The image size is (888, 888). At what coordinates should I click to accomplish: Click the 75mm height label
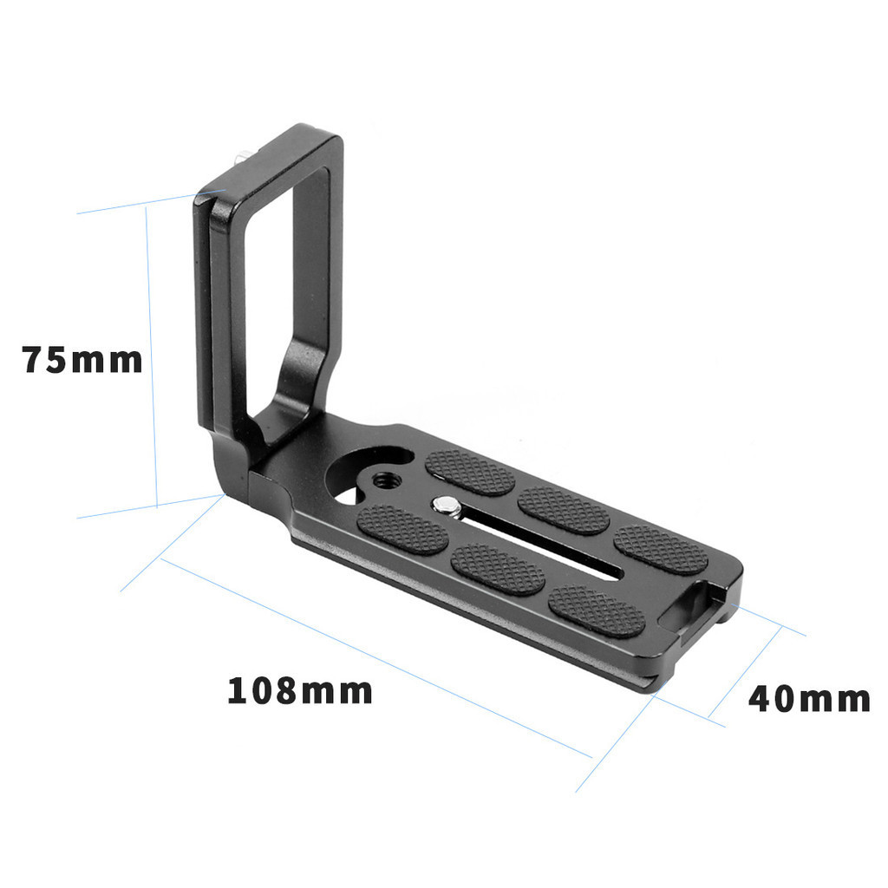(82, 359)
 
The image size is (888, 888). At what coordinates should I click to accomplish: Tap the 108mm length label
(300, 691)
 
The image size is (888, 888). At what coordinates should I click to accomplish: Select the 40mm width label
(808, 698)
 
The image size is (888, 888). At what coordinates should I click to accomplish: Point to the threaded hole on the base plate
(382, 479)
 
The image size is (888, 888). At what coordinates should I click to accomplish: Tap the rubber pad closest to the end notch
(661, 550)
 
